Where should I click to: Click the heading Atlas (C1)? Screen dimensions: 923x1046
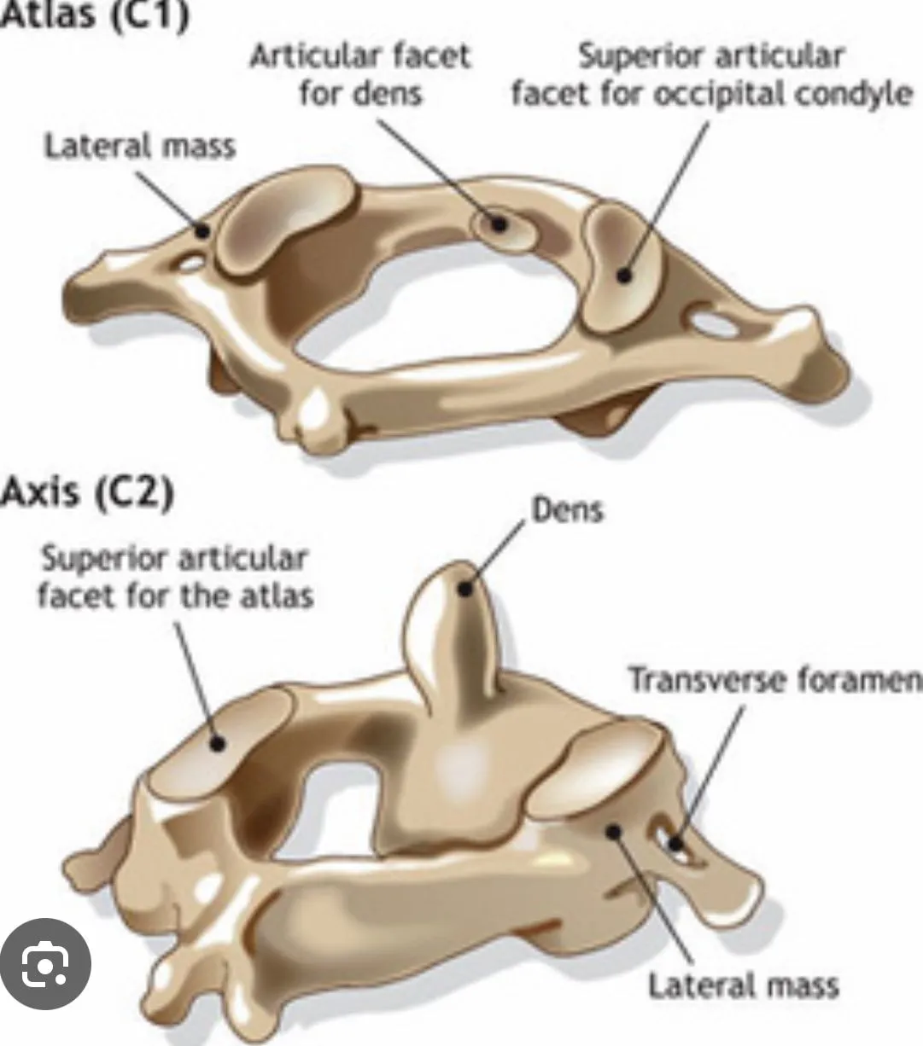pyautogui.click(x=95, y=15)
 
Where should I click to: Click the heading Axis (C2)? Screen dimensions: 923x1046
pyautogui.click(x=87, y=492)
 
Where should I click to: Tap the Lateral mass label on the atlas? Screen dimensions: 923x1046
pyautogui.click(x=140, y=146)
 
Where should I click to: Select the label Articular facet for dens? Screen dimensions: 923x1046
pyautogui.click(x=360, y=75)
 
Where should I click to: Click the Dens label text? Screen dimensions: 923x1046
pyautogui.click(x=568, y=510)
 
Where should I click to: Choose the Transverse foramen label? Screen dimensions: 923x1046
pyautogui.click(x=775, y=679)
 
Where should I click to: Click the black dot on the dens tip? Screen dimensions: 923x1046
pyautogui.click(x=465, y=589)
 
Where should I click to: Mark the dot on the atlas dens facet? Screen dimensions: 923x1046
pyautogui.click(x=499, y=224)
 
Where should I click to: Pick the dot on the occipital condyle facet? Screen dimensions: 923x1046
pyautogui.click(x=624, y=276)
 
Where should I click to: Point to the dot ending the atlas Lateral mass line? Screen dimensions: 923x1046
pyautogui.click(x=203, y=230)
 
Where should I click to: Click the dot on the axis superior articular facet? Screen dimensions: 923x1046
pyautogui.click(x=218, y=743)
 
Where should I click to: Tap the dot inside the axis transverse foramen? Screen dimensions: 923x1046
pyautogui.click(x=675, y=844)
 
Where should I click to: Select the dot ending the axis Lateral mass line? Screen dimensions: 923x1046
pyautogui.click(x=613, y=832)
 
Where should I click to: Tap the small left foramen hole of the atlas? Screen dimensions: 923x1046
pyautogui.click(x=190, y=264)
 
